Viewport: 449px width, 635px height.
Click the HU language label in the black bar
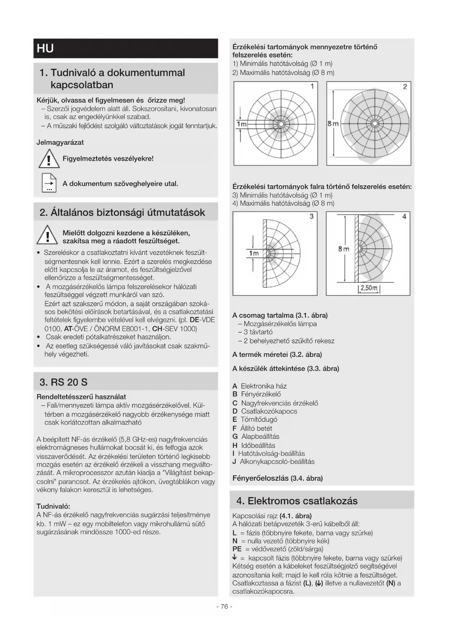tap(45, 49)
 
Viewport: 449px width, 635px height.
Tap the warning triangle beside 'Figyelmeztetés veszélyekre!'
tap(49, 159)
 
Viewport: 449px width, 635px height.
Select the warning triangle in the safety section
tap(47, 235)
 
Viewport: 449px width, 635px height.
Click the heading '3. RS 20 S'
tap(64, 382)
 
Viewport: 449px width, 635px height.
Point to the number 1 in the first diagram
tap(312, 86)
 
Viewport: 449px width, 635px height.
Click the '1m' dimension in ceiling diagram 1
tap(241, 124)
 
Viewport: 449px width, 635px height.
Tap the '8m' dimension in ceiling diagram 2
tap(333, 124)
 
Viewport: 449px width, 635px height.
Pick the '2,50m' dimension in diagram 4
tap(369, 288)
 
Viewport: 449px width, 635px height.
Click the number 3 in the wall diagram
tap(312, 216)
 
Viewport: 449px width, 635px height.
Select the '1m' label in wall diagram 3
tap(254, 253)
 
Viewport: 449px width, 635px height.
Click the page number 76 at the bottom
tap(224, 606)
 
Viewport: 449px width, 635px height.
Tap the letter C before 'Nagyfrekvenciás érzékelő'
tap(235, 403)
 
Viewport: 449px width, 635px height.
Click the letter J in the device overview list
tap(234, 462)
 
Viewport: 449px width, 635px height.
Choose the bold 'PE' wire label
tap(237, 549)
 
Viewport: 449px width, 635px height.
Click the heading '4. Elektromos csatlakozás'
tap(297, 501)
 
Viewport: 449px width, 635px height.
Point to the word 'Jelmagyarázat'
tap(60, 142)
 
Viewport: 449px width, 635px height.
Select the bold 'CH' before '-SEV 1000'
tap(157, 329)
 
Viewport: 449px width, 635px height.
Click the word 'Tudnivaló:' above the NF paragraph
tap(53, 506)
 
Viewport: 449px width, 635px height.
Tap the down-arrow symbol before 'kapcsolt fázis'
tap(235, 558)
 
